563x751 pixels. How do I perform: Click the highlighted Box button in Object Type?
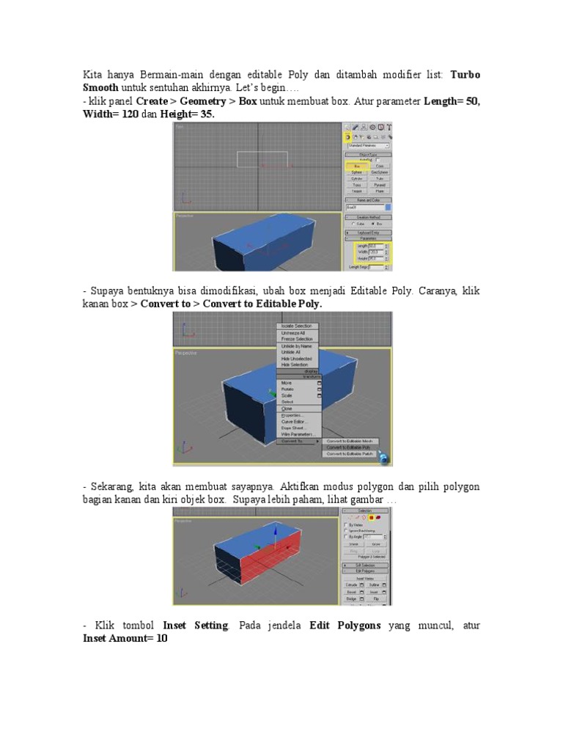(356, 166)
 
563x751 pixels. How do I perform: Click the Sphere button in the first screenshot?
(356, 172)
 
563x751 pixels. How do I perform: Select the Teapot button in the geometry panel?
(356, 191)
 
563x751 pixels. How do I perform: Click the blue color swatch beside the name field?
(388, 208)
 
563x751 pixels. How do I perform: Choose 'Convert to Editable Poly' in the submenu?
(348, 447)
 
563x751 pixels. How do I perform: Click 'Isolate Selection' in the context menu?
(296, 326)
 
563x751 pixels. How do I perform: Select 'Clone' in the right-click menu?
(287, 409)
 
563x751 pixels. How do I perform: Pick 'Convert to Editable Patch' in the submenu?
(350, 454)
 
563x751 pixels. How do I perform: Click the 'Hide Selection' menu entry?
(295, 364)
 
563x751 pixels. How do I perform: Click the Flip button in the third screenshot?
(375, 599)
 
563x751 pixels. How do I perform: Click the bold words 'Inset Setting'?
(196, 626)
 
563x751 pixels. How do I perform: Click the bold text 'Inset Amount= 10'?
(125, 639)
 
